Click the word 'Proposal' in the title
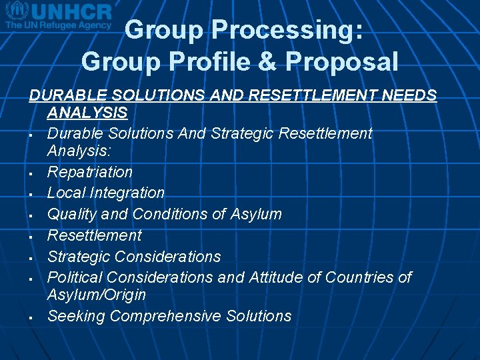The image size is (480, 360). coord(342,62)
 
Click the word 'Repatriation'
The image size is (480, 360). coord(90,172)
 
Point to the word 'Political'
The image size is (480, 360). coord(75,277)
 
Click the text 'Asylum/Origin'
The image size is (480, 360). coord(96,295)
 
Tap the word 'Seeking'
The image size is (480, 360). coord(76,317)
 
